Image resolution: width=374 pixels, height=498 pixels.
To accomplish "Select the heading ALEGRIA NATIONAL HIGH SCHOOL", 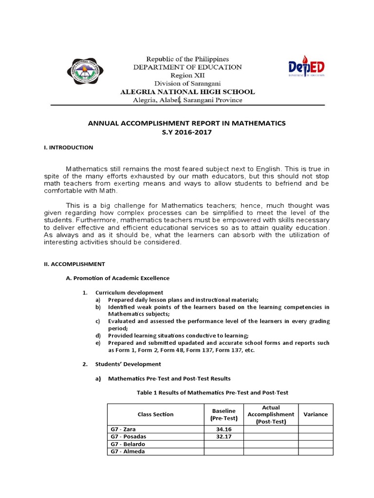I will [187, 92].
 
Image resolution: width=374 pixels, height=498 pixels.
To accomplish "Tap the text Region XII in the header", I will [187, 75].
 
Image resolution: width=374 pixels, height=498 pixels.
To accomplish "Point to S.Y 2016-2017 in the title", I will [187, 132].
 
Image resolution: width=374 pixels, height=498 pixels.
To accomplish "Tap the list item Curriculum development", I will [129, 292].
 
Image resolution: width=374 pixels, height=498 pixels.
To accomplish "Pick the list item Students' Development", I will [128, 364].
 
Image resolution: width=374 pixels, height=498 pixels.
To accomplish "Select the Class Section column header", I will [155, 414].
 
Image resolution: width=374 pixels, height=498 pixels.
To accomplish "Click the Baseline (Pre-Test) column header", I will [224, 414].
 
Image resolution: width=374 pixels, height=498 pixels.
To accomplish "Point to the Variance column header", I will [316, 414].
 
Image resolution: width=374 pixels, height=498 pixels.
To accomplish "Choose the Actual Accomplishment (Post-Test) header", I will [271, 414].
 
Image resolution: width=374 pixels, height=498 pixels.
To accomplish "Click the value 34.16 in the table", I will [224, 429].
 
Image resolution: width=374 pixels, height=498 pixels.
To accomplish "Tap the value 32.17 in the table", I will [224, 437].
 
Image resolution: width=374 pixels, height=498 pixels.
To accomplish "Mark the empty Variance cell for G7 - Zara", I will [316, 429].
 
